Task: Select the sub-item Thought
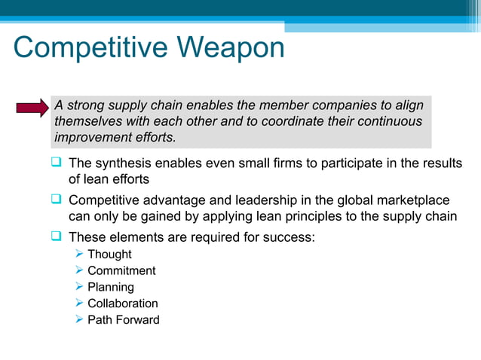tap(109, 255)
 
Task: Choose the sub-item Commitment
tap(121, 271)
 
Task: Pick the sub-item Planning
tap(111, 287)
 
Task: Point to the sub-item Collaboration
tap(123, 304)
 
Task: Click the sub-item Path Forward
tap(124, 320)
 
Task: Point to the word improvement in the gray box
tap(90, 138)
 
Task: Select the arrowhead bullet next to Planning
tap(80, 287)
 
